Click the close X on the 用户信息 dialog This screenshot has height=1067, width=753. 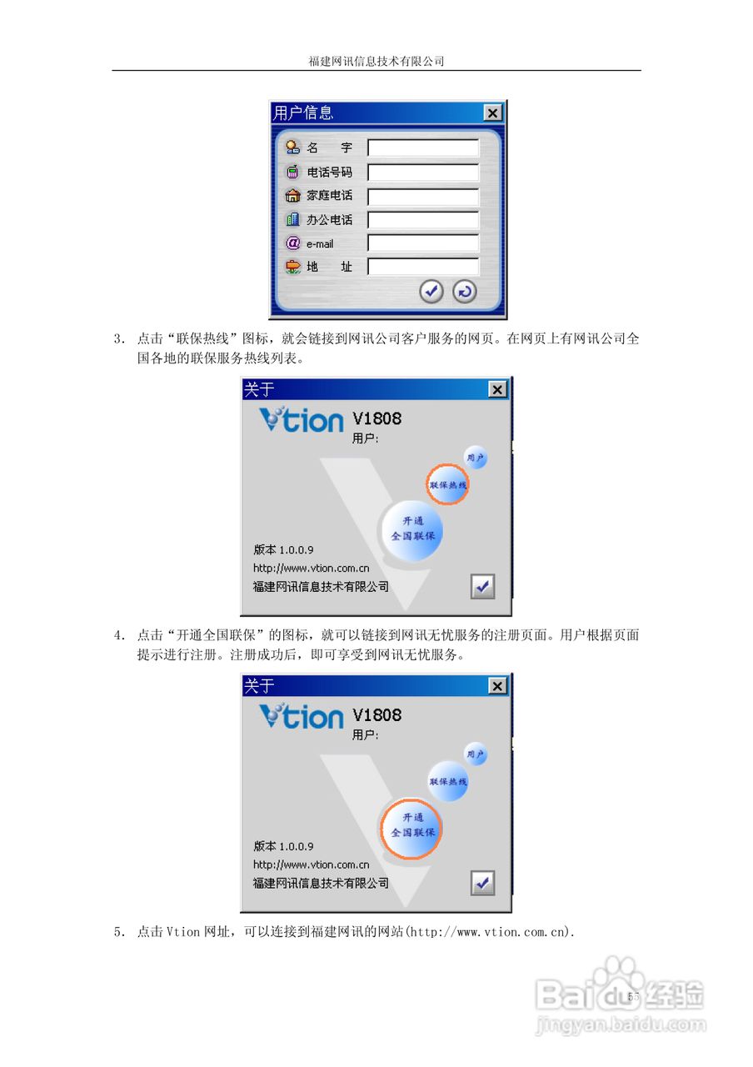(x=492, y=113)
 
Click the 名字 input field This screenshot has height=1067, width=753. (x=423, y=148)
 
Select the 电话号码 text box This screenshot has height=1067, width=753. (x=423, y=173)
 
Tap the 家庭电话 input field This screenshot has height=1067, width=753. (x=423, y=197)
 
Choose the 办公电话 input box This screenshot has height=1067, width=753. (x=423, y=220)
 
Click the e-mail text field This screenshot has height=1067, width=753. (x=423, y=243)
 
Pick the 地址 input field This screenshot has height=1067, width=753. (x=423, y=267)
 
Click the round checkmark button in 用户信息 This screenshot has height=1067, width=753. (x=431, y=291)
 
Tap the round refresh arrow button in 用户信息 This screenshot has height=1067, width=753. (x=464, y=291)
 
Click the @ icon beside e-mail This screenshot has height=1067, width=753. (x=292, y=243)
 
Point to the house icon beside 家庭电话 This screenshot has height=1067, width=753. (x=292, y=196)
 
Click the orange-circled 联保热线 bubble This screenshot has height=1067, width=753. (x=448, y=484)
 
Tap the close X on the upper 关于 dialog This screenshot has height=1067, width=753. (x=496, y=389)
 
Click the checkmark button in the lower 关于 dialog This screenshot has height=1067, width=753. (x=482, y=883)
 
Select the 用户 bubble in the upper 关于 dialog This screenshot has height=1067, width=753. (x=475, y=458)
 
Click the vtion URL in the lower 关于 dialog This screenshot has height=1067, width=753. (x=311, y=864)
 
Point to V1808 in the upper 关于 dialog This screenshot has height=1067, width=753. (x=376, y=418)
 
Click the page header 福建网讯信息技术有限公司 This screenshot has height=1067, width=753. (x=376, y=61)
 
